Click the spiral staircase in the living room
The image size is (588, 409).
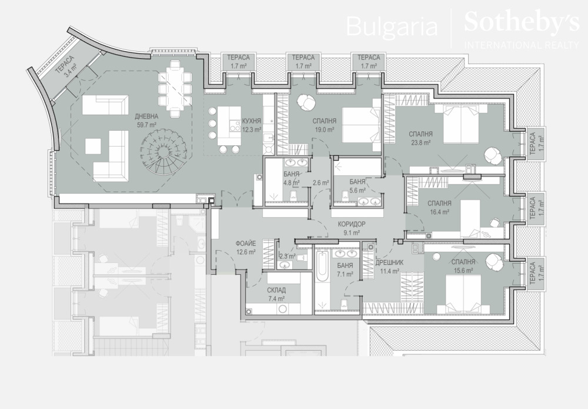point(163,152)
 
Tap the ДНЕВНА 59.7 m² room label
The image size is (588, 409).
point(146,121)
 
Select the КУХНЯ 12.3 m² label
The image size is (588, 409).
point(251,125)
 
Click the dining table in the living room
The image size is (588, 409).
point(175,89)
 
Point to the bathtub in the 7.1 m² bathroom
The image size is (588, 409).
point(322,267)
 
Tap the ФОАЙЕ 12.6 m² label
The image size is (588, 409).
point(246,248)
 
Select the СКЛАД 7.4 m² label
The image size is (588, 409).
point(276,294)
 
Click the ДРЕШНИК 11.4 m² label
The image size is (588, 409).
point(389,267)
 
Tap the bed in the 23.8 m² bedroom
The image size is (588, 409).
point(460,124)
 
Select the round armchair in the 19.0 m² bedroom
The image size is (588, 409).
point(306,102)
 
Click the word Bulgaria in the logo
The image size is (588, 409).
point(392,26)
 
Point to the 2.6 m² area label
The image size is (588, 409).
point(320,183)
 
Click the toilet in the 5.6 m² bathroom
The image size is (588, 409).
point(345,195)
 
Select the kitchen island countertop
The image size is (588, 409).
point(229,127)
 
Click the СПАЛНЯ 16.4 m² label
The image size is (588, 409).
point(439,207)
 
